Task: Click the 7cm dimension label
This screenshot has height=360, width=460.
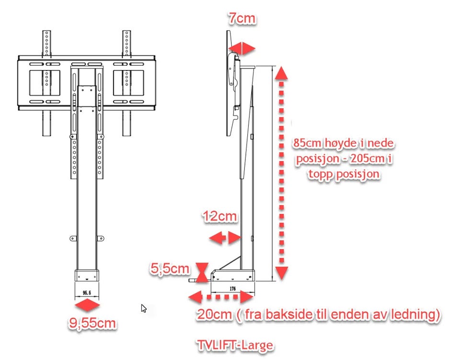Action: point(242,18)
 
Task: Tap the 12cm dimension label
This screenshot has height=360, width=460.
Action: point(220,216)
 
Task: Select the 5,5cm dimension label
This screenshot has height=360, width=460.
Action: point(170,268)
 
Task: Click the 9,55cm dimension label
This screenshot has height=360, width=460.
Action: point(92,323)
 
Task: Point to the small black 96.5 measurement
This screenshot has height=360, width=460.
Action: point(87,292)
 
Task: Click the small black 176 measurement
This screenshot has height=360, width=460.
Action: point(233,289)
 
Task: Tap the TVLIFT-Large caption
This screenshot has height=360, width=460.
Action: point(235,345)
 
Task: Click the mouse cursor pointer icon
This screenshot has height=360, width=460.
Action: point(143,308)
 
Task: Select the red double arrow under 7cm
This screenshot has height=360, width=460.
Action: point(241,48)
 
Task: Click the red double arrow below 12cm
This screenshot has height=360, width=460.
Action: point(225,238)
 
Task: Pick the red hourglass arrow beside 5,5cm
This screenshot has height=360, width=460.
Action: point(202,273)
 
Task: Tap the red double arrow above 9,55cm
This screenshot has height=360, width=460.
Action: point(87,305)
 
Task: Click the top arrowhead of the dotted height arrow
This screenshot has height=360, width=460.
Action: point(281,73)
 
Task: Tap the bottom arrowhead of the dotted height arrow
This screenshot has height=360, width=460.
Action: point(282,273)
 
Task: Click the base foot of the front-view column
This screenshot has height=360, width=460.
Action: point(87,275)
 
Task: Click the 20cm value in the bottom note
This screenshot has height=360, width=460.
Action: point(214,314)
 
